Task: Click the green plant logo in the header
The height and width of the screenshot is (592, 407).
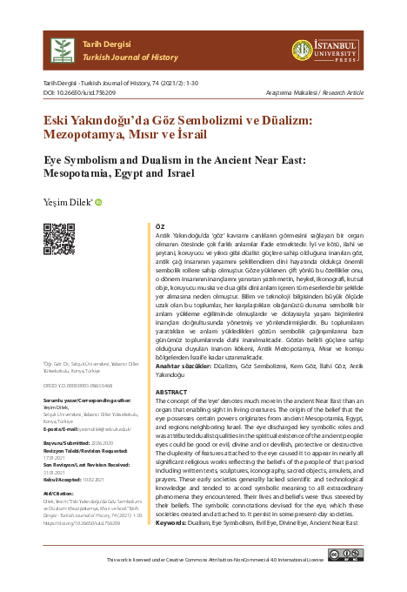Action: (62, 50)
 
